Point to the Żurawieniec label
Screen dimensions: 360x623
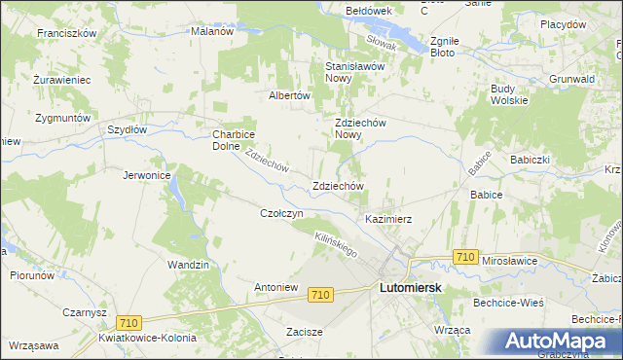point(60,79)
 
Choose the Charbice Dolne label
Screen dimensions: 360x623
point(234,140)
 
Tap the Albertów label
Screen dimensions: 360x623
point(289,96)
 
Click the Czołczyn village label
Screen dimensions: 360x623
point(283,213)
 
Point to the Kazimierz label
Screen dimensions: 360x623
point(389,219)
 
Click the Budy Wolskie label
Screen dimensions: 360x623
point(509,94)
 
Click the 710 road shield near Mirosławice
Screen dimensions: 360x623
point(465,257)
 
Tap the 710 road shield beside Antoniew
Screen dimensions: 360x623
point(321,293)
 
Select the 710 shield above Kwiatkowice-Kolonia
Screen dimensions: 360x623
point(128,322)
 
